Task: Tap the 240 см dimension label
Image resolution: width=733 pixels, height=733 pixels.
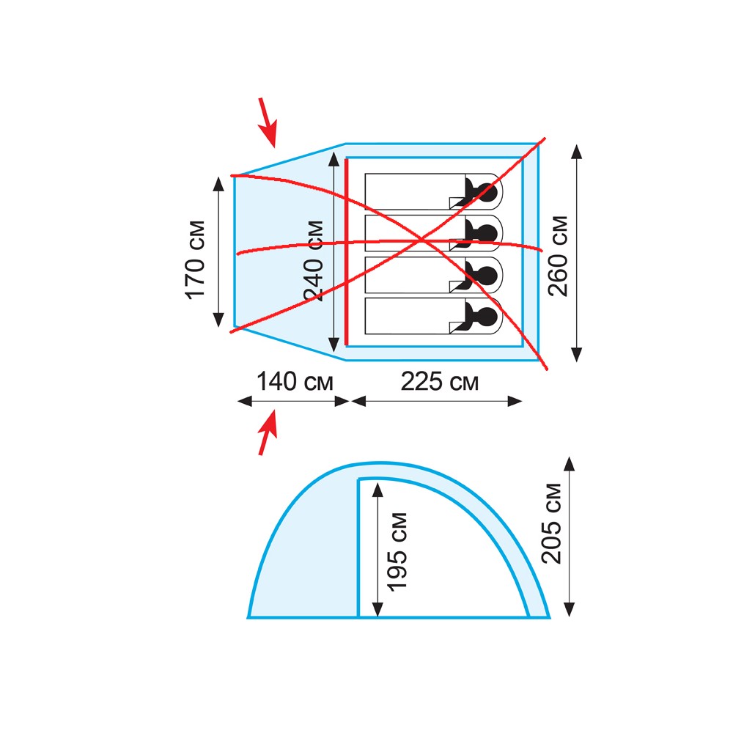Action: pyautogui.click(x=314, y=261)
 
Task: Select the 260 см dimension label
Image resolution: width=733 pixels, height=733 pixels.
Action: pyautogui.click(x=558, y=256)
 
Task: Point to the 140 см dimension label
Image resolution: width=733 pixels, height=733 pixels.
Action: pyautogui.click(x=295, y=381)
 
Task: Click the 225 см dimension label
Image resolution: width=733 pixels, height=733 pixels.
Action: pyautogui.click(x=440, y=381)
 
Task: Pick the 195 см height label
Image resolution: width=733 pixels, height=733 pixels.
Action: pyautogui.click(x=397, y=552)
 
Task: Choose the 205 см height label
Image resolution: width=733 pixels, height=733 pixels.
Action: pyautogui.click(x=551, y=523)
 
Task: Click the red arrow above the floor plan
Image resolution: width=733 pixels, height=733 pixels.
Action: pyautogui.click(x=268, y=122)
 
